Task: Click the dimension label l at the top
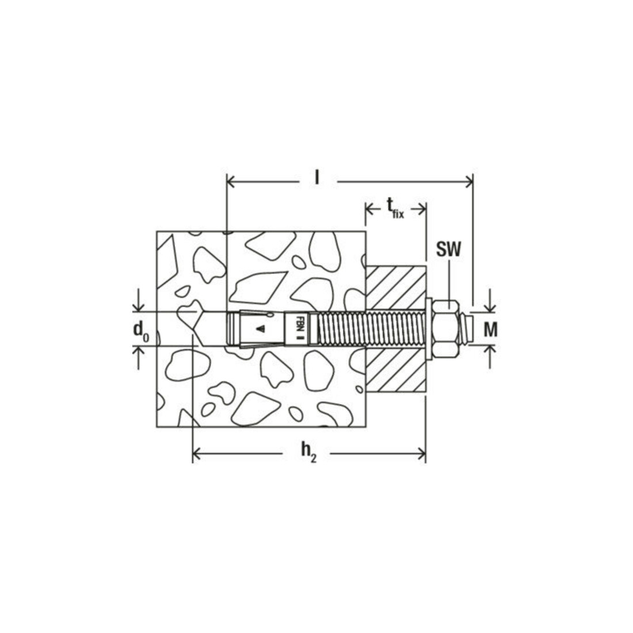point(317,178)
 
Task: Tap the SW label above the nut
point(448,250)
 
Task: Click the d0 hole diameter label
point(141,331)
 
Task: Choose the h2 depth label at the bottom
point(308,452)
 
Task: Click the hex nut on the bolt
point(445,329)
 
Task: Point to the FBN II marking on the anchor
point(299,329)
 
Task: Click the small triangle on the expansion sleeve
point(261,329)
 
